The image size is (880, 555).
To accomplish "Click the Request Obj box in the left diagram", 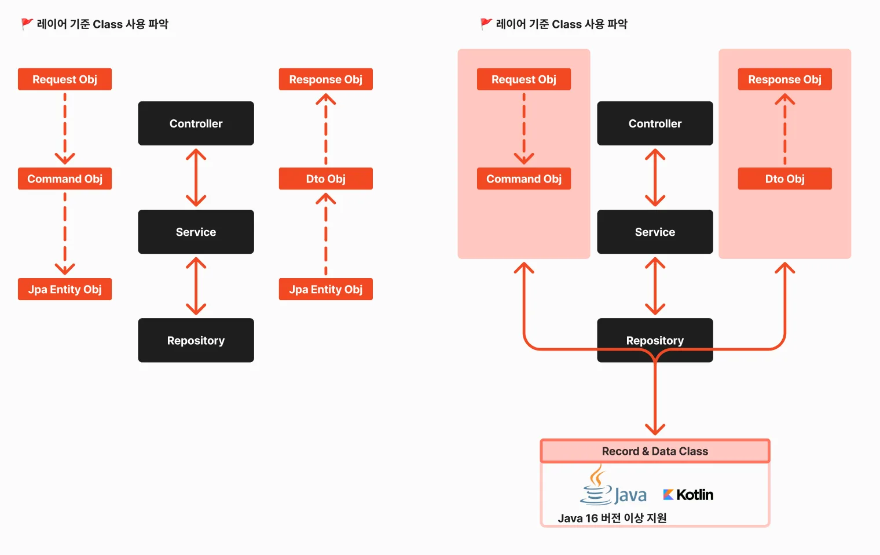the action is click(x=65, y=79).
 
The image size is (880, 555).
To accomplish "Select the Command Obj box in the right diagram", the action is click(x=524, y=179).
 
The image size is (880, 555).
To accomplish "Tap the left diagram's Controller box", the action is click(x=196, y=123).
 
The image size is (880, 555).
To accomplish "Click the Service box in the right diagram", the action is click(x=655, y=232).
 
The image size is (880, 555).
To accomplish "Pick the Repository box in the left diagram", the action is click(x=196, y=341).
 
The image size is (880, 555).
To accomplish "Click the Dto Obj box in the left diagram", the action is click(x=326, y=179).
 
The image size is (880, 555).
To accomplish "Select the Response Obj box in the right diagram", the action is click(x=785, y=79).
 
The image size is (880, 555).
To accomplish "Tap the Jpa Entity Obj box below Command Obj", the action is click(x=65, y=289).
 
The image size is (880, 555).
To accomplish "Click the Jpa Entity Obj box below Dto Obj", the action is click(x=326, y=289).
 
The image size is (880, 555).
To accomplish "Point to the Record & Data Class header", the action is click(x=655, y=451).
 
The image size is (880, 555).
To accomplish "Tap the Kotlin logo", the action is click(x=688, y=495).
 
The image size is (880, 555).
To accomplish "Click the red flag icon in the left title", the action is click(x=27, y=24).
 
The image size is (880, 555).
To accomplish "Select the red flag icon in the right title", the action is click(x=486, y=24).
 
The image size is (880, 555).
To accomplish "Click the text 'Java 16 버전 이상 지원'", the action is click(x=612, y=518).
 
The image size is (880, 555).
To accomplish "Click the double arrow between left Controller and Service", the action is click(x=196, y=178).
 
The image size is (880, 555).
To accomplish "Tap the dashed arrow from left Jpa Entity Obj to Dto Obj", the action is click(x=326, y=234).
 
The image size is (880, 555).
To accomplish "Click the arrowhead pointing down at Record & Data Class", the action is click(x=655, y=429).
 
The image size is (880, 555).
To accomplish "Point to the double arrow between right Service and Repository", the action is click(x=655, y=286).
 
